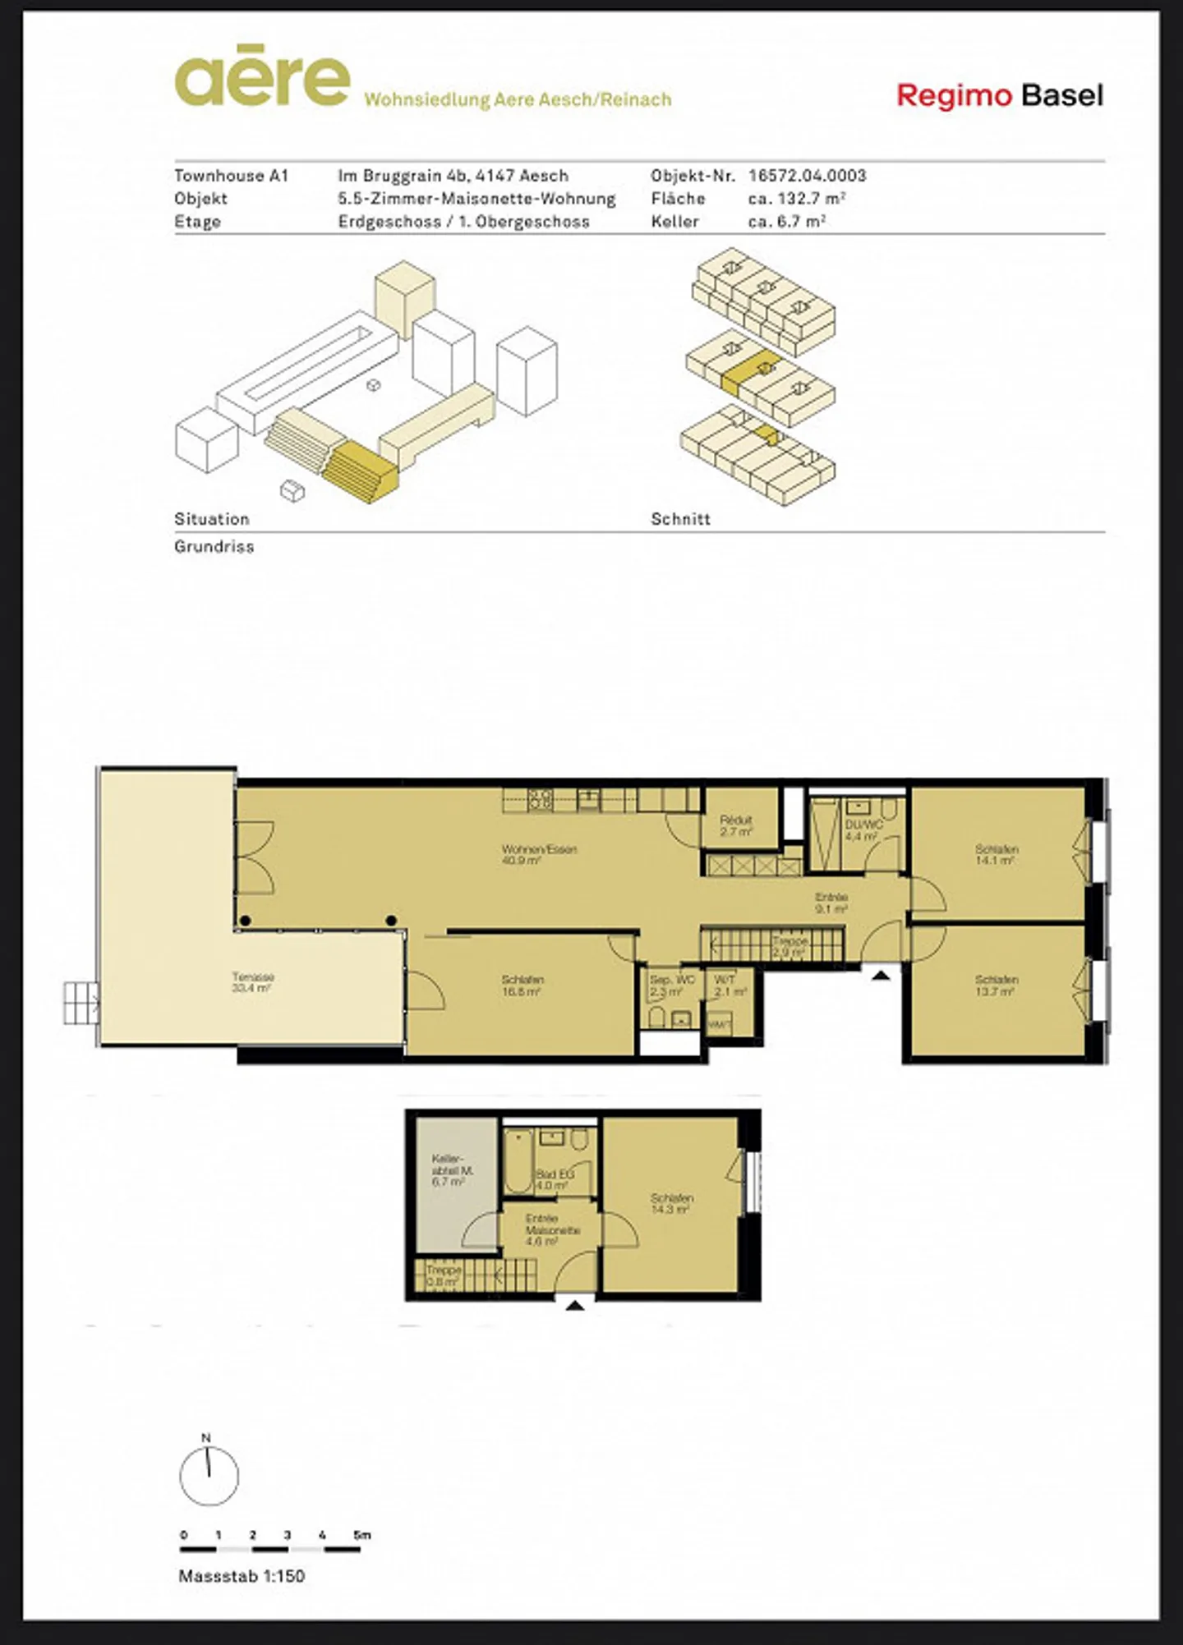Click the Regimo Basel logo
point(999,96)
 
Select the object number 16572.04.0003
point(807,175)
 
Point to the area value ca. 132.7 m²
point(796,198)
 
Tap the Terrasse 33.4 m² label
point(252,983)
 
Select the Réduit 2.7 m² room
point(736,825)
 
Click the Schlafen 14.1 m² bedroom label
point(996,855)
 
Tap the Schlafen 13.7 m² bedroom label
point(996,986)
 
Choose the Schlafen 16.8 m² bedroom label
point(522,986)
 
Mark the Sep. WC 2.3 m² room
point(671,986)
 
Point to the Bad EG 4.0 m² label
point(555,1179)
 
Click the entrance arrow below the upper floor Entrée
point(881,976)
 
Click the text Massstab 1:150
point(242,1575)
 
